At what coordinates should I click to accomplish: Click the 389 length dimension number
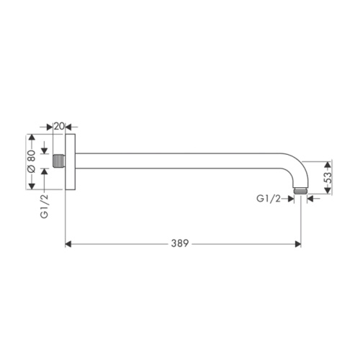(x=180, y=243)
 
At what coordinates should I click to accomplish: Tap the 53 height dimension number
(x=328, y=178)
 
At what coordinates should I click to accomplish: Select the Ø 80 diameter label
(x=32, y=161)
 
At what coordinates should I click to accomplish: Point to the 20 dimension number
(x=59, y=126)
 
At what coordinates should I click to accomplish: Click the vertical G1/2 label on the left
(x=45, y=206)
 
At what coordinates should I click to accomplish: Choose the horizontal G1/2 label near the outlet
(x=269, y=199)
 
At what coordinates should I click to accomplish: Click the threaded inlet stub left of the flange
(x=59, y=161)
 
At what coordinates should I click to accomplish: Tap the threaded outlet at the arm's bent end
(x=301, y=191)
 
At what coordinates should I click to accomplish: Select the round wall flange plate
(x=71, y=162)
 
